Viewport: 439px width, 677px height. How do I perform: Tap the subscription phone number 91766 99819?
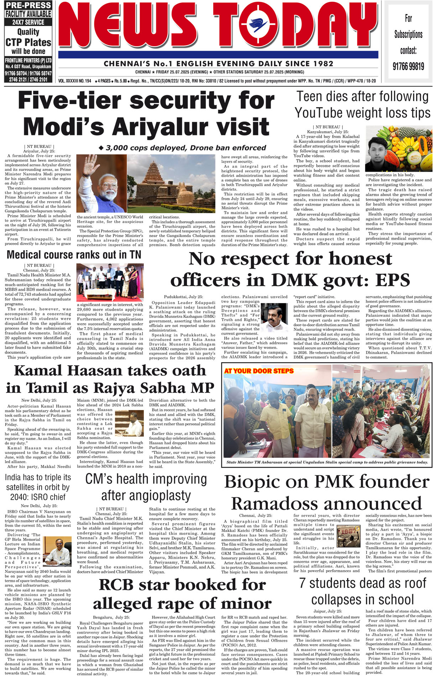coord(408,66)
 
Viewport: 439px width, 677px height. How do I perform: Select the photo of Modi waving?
coord(101,184)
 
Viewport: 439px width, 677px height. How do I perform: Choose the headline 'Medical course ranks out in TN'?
coord(74,254)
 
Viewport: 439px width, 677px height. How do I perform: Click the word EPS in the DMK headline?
coord(393,280)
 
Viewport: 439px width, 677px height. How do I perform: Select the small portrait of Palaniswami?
coord(274,317)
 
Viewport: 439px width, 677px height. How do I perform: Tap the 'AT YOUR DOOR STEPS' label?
coord(259,371)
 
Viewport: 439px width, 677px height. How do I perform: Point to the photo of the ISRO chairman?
coord(57,551)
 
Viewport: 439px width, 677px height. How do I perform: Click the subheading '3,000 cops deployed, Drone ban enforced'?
coord(182,148)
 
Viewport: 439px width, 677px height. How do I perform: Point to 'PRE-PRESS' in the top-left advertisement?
coord(28,5)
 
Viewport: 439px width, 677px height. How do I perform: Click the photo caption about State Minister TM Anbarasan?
coord(327,462)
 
